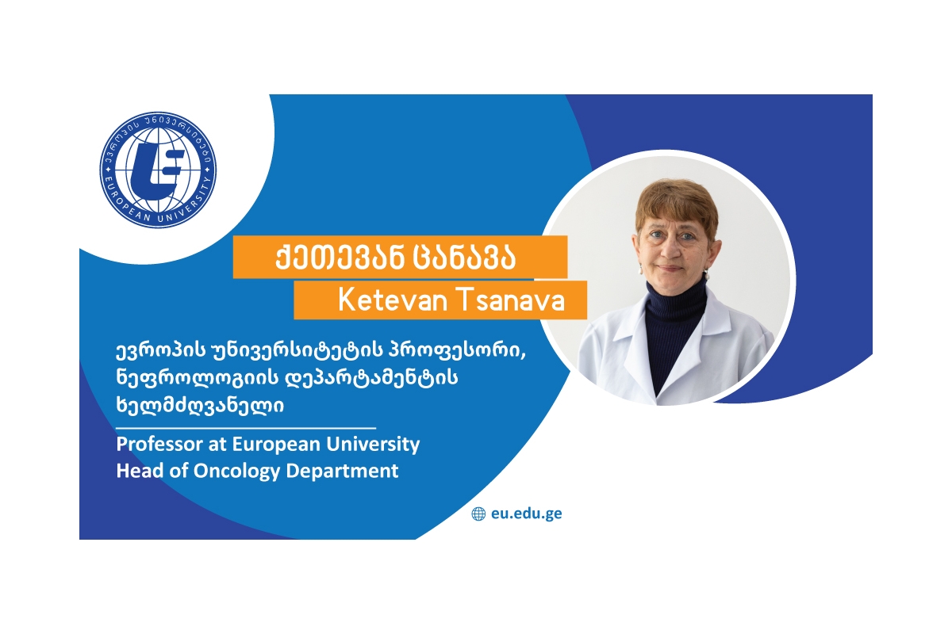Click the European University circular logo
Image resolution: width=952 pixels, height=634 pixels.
(x=158, y=170)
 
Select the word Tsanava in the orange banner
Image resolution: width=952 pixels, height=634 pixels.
(x=511, y=300)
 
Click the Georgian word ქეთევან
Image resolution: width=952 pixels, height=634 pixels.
(x=340, y=258)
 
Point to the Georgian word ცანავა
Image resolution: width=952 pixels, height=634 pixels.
(x=465, y=258)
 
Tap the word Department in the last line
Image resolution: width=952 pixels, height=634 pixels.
(x=343, y=472)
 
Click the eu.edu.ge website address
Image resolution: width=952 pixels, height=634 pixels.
(x=526, y=514)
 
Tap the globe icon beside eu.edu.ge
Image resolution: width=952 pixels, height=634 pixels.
(x=478, y=514)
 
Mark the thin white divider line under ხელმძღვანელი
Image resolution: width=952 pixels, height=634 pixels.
(x=246, y=428)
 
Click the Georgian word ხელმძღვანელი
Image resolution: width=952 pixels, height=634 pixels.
(x=200, y=404)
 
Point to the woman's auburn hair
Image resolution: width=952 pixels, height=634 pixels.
(x=677, y=203)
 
